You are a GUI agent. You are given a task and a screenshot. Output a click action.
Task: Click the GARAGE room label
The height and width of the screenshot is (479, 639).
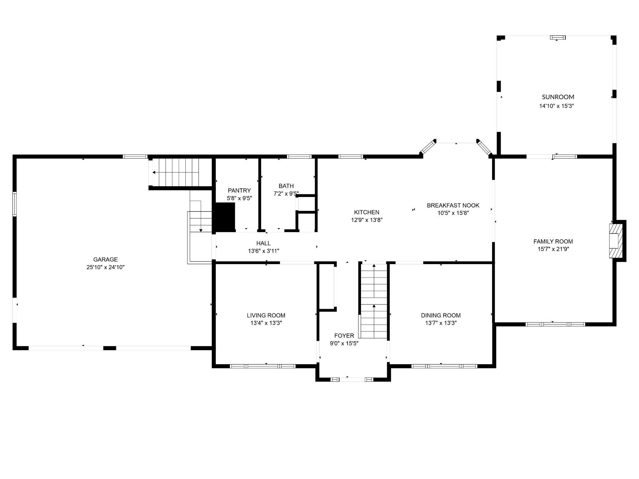[105, 259]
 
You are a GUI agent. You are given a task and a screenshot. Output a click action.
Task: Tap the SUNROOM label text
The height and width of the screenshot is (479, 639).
[558, 97]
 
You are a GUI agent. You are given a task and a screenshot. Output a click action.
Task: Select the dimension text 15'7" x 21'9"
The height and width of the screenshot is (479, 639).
[553, 249]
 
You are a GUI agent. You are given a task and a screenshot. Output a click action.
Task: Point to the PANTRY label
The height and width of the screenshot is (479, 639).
[239, 191]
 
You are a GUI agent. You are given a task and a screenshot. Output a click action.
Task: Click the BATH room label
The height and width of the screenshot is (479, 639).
[286, 186]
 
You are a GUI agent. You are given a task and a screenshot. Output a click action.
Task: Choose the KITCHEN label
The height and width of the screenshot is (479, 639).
[367, 212]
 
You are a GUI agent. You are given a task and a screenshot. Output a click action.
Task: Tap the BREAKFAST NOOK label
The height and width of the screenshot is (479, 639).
[453, 206]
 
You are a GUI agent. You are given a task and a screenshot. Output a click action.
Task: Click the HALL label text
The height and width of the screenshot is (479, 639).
[263, 243]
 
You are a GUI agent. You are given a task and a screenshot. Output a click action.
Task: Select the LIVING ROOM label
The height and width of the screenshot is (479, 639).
[266, 315]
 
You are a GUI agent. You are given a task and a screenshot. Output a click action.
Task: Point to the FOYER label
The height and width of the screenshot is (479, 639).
[344, 336]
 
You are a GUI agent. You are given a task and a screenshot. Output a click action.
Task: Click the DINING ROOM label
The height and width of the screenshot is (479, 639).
[441, 315]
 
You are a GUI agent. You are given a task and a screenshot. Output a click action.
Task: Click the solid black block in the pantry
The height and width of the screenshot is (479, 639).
[225, 217]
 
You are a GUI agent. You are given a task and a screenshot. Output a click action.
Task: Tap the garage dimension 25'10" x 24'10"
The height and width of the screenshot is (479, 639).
[105, 267]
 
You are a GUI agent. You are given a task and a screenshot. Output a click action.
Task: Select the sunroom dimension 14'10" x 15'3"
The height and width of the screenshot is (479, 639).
[557, 106]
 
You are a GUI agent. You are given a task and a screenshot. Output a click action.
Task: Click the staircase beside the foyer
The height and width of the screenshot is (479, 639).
[374, 301]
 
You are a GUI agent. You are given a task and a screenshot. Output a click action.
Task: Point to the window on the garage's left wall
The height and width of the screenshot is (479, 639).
[14, 204]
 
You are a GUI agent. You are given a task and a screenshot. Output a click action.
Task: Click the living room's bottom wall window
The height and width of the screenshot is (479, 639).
[263, 366]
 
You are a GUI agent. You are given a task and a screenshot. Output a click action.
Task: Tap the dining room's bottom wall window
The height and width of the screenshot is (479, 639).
[444, 366]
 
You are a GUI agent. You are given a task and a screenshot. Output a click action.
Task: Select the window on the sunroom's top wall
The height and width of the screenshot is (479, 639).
[558, 38]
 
